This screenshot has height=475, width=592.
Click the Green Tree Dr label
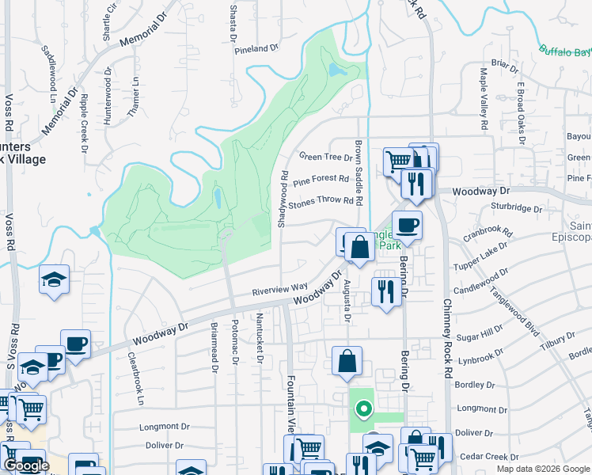(x=325, y=156)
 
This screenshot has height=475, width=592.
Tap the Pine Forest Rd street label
(x=321, y=180)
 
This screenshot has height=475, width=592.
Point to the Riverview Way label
(x=279, y=289)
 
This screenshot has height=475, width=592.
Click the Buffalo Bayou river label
(x=565, y=52)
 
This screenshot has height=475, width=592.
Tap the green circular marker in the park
(x=363, y=409)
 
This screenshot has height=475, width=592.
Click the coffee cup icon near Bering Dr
(x=407, y=225)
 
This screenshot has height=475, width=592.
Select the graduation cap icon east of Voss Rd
(x=55, y=279)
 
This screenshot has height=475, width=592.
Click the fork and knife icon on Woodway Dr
(x=416, y=184)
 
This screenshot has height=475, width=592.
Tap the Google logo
(x=26, y=465)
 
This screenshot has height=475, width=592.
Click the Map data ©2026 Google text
(x=542, y=469)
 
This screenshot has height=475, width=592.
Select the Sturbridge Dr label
(x=515, y=210)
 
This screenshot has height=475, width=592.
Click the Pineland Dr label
(x=258, y=48)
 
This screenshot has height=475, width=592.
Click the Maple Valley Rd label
(x=483, y=99)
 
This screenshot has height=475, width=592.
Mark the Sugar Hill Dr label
(x=480, y=329)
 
